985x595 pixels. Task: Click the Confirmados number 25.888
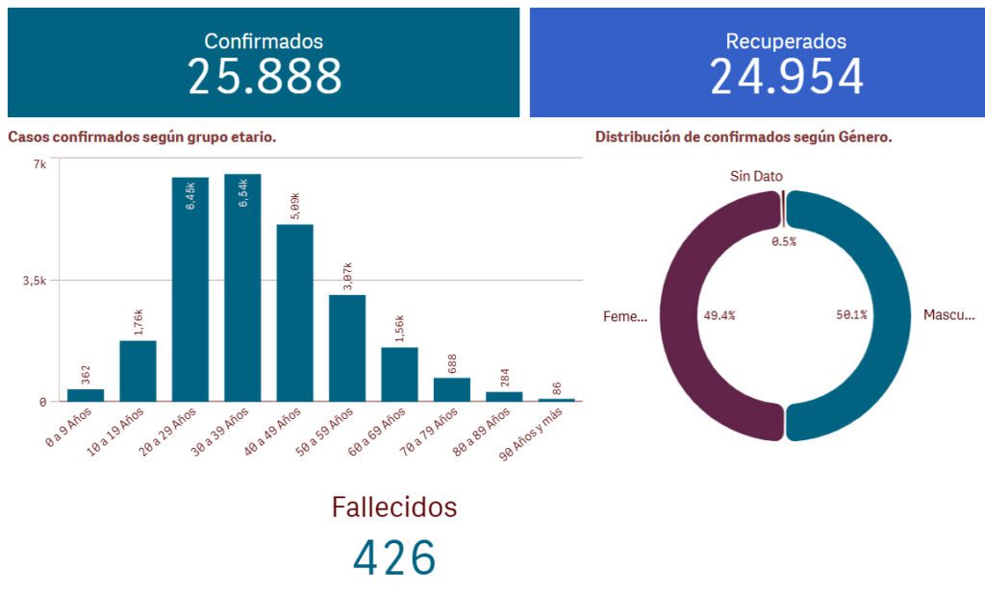click(x=265, y=76)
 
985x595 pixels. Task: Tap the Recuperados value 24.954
click(x=786, y=76)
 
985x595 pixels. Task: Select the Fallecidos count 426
click(x=394, y=558)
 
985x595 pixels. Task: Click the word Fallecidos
click(x=394, y=508)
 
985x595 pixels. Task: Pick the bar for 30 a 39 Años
click(x=242, y=288)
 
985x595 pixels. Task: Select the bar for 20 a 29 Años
click(x=190, y=288)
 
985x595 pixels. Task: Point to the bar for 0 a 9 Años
click(x=86, y=395)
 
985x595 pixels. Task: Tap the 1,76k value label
click(x=139, y=323)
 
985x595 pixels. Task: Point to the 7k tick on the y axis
click(x=39, y=163)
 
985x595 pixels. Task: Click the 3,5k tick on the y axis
click(x=34, y=281)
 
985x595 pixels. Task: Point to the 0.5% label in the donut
click(x=784, y=242)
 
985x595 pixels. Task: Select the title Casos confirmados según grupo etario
click(x=142, y=137)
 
